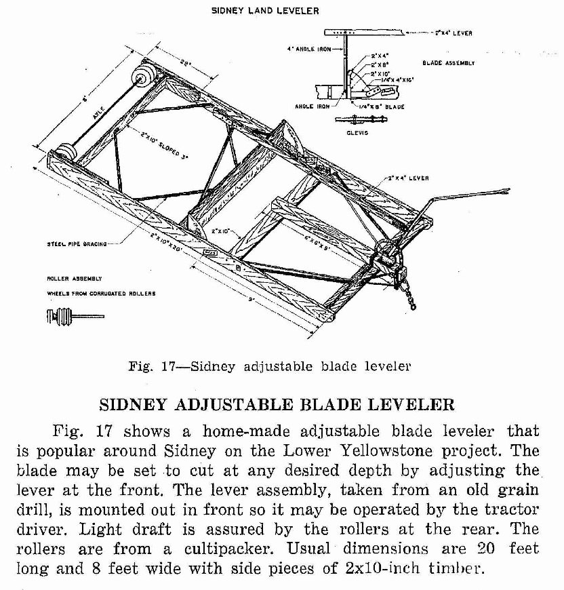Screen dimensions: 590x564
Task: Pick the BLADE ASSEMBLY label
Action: (x=448, y=63)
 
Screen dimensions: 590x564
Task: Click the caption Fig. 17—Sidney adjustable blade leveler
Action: (x=270, y=367)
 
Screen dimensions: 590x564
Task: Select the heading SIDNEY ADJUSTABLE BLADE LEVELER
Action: (x=277, y=406)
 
